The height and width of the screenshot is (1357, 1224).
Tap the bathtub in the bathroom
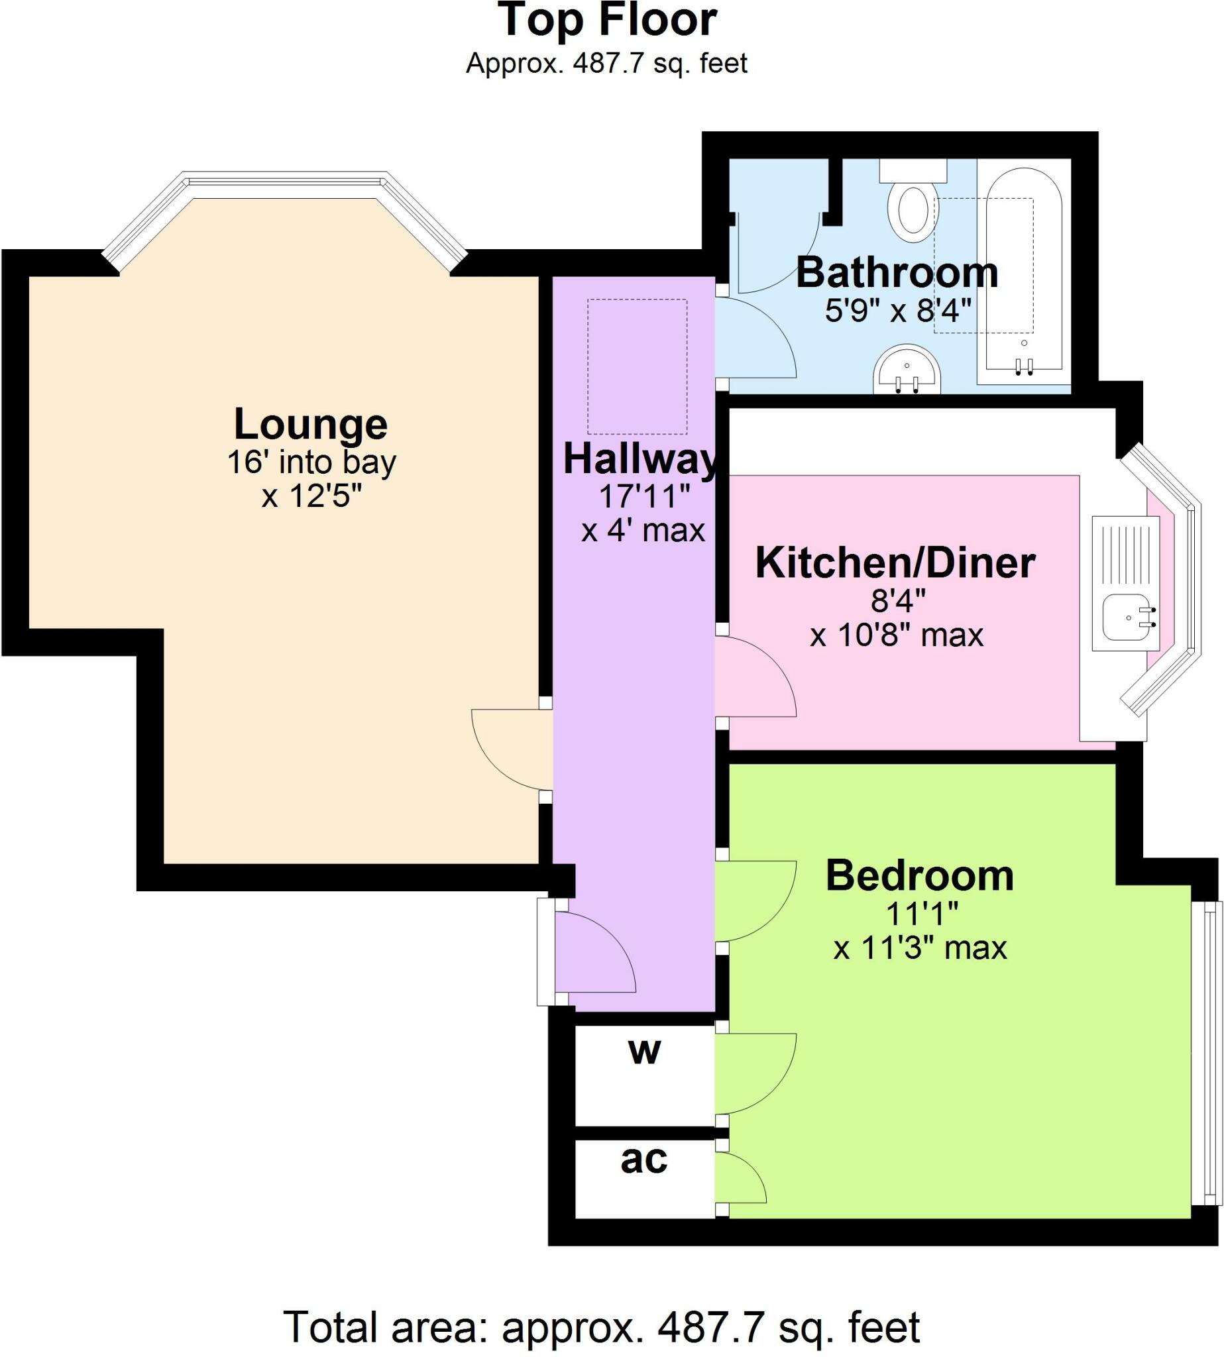1024,269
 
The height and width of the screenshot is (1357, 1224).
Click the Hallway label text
641,460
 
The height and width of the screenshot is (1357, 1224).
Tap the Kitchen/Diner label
895,563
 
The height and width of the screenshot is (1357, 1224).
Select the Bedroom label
919,875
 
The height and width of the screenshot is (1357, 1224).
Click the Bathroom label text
897,272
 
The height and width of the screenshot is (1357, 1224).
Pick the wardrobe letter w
644,1052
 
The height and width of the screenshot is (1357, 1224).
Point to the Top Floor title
607,19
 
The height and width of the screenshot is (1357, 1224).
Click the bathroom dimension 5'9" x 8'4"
898,311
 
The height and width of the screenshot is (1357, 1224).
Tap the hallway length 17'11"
644,497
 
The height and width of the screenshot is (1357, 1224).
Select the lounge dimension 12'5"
312,496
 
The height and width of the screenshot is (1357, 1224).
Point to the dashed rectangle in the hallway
637,366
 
